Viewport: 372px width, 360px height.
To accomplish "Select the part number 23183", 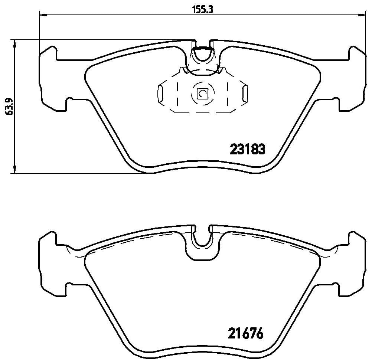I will pos(248,150).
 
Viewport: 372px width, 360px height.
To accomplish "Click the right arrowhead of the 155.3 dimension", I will pos(360,15).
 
